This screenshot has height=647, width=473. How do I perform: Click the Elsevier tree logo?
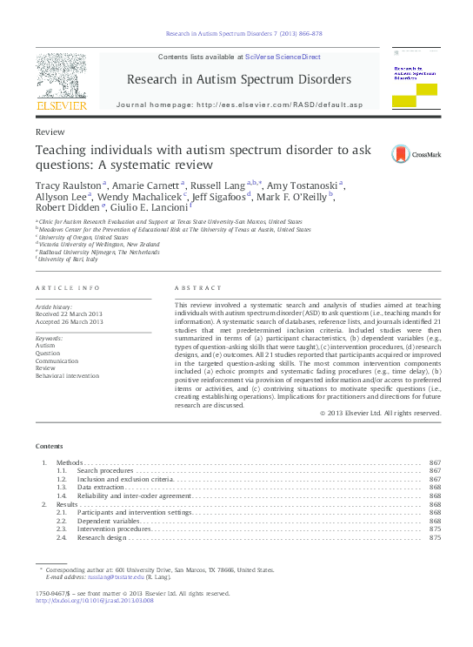pyautogui.click(x=61, y=78)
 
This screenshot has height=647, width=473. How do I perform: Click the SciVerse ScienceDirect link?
pyautogui.click(x=283, y=57)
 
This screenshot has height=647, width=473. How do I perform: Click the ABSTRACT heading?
pyautogui.click(x=193, y=287)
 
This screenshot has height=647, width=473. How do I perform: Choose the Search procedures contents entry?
pyautogui.click(x=105, y=470)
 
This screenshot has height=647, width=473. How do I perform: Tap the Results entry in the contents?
pyautogui.click(x=68, y=504)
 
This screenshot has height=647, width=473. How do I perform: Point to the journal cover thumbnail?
pyautogui.click(x=414, y=78)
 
